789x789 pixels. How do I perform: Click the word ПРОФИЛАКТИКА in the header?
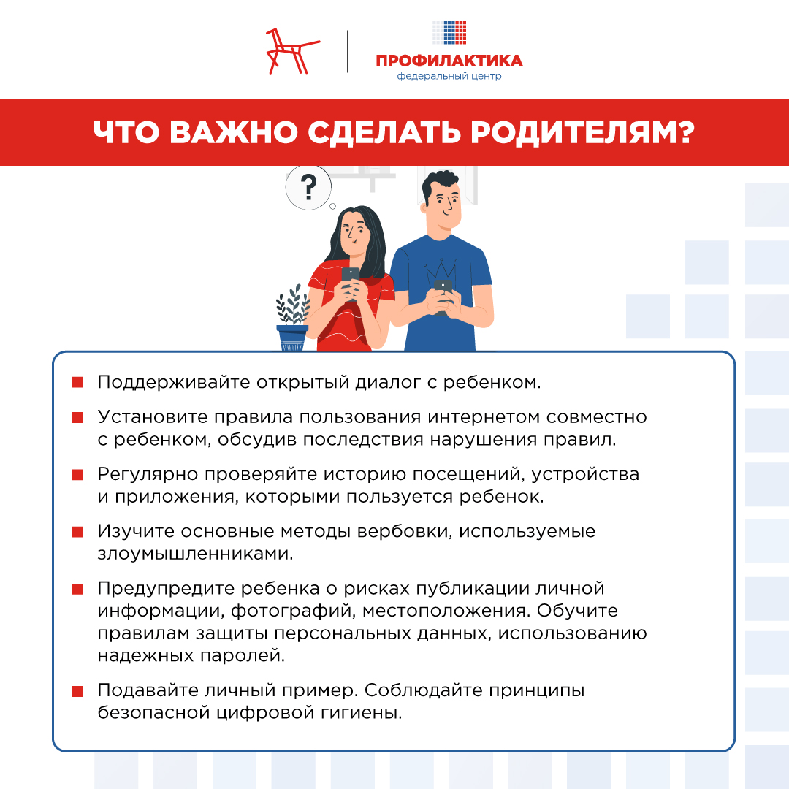[x=449, y=61]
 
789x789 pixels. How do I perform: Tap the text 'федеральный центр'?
[x=449, y=76]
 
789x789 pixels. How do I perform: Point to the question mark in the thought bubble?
[x=308, y=185]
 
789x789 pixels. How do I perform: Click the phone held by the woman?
[x=351, y=278]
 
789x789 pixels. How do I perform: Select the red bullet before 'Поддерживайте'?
[x=77, y=383]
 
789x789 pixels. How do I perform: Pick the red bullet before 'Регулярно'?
[x=77, y=475]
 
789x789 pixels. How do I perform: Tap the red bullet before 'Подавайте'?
[x=77, y=691]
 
